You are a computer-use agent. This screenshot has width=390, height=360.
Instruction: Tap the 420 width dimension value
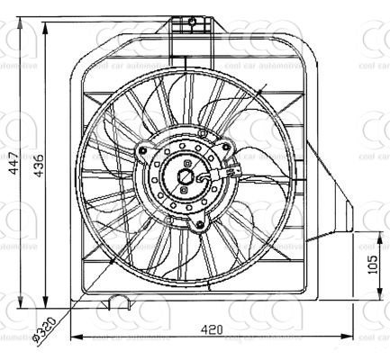pyautogui.click(x=213, y=330)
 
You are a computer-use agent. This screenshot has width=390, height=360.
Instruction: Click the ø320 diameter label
pyautogui.click(x=42, y=328)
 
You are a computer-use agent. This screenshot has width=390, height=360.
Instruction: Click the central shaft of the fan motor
pyautogui.click(x=187, y=176)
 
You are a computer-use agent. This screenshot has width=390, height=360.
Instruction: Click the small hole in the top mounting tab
pyautogui.click(x=190, y=20)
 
